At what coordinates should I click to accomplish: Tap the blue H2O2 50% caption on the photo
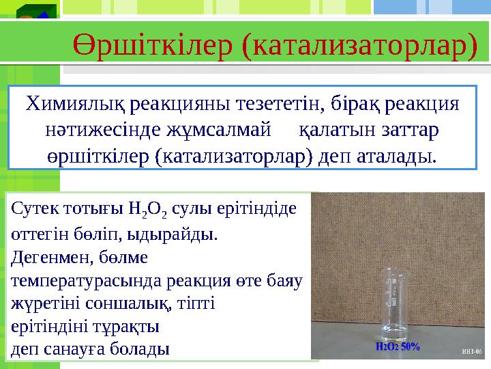coord(398,346)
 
